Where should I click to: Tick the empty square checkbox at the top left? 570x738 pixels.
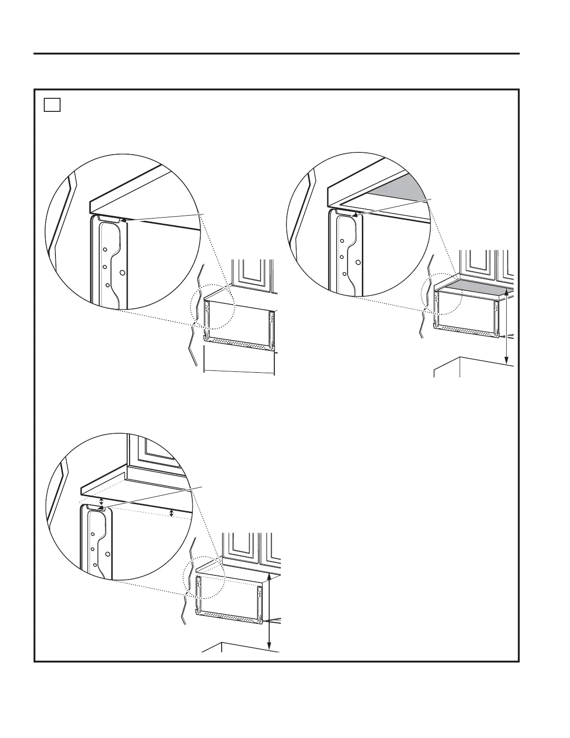(53, 105)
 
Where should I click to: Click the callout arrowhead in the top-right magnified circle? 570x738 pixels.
(355, 215)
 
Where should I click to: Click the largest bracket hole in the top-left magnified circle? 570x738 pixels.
(122, 273)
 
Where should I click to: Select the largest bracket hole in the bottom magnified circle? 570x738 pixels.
(108, 554)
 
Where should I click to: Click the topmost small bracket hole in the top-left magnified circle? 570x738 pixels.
(105, 249)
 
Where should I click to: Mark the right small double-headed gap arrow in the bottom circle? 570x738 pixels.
(172, 513)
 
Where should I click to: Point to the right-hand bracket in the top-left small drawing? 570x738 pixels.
(270, 328)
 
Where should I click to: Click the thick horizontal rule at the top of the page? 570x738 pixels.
(277, 54)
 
